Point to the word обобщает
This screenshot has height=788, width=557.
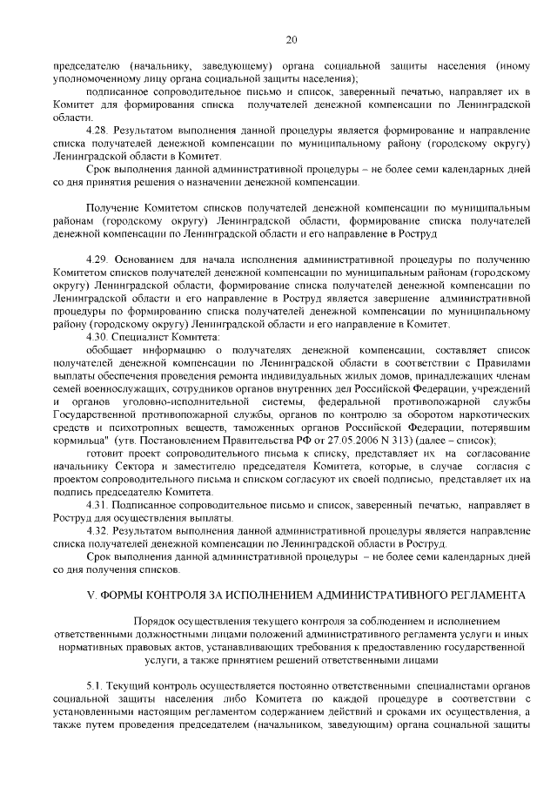tap(111, 350)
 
